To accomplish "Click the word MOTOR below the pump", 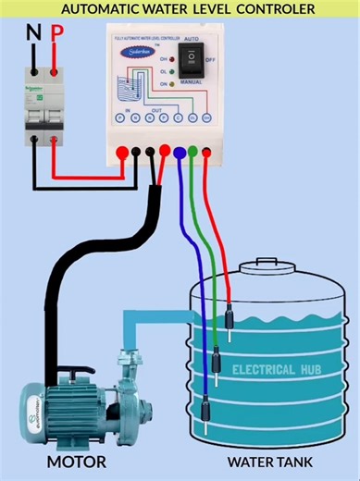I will [77, 461].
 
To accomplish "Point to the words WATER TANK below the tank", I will [269, 461].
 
